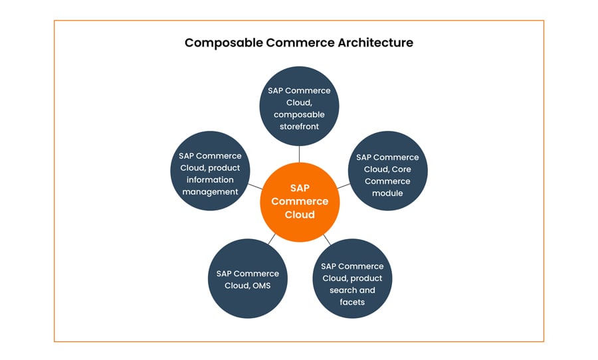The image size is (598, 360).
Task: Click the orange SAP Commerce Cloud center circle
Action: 299,201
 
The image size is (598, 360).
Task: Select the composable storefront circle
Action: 299,106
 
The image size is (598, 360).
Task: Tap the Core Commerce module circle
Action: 387,171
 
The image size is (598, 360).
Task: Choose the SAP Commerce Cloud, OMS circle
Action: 247,279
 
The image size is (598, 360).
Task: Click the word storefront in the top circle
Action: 299,126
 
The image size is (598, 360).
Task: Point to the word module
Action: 387,193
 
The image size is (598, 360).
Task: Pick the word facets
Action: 352,302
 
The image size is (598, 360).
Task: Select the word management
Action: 210,192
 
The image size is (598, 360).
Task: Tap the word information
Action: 210,180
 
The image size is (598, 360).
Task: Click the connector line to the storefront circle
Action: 299,153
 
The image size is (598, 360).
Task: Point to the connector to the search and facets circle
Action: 326,238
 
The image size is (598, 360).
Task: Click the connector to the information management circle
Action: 255,187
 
